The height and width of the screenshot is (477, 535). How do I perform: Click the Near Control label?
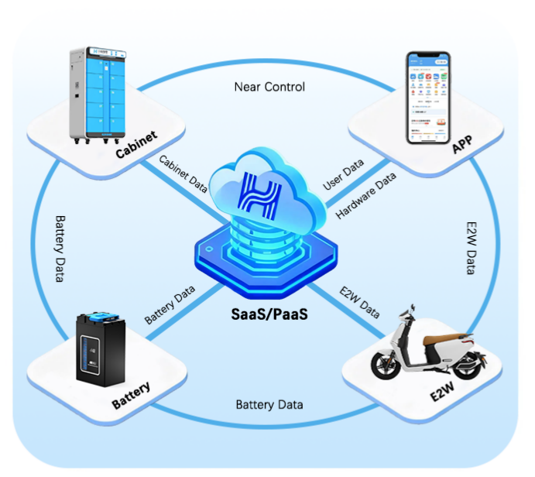point(269,86)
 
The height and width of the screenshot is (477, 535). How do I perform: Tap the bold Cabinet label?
point(136,145)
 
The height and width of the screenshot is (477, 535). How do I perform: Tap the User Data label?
point(344,177)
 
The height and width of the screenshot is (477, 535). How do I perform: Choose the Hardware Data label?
point(366,197)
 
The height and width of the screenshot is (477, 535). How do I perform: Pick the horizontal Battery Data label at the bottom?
point(269,405)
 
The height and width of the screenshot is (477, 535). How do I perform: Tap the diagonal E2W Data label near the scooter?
point(359,302)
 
